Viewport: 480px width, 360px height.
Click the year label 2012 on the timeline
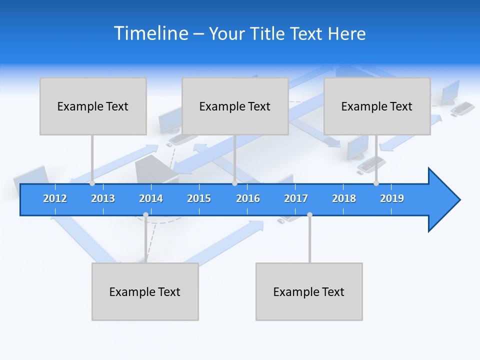[x=55, y=198]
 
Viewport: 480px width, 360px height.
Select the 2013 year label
[x=103, y=198]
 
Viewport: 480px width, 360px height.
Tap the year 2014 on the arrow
[x=151, y=198]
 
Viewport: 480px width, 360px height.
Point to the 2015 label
[x=199, y=198]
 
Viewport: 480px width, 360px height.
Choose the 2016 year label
[x=248, y=198]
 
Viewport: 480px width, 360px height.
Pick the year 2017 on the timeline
[x=296, y=198]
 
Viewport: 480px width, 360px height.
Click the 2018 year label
[x=344, y=198]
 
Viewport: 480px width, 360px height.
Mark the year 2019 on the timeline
[x=392, y=198]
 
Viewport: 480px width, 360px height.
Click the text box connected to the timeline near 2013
[x=93, y=106]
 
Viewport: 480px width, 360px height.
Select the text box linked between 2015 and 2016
[x=235, y=106]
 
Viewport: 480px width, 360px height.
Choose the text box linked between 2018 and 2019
[x=377, y=106]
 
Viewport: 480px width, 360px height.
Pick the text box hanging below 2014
[x=145, y=291]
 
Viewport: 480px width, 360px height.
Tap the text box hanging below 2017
[x=309, y=291]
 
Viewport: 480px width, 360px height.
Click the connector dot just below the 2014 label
[x=145, y=214]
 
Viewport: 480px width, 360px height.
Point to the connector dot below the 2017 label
[x=309, y=214]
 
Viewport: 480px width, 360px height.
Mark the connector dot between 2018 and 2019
[x=376, y=183]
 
